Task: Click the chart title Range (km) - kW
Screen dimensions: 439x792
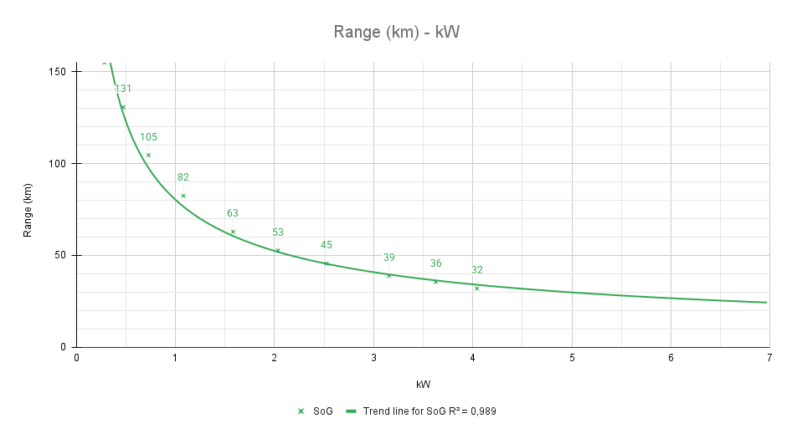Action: click(397, 33)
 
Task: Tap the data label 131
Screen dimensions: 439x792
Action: click(123, 89)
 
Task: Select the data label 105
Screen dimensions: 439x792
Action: click(148, 137)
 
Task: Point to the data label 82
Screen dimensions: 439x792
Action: click(183, 177)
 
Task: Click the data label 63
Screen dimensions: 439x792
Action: click(233, 213)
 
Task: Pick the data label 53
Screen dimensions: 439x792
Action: click(278, 232)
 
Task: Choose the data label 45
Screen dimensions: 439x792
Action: click(327, 245)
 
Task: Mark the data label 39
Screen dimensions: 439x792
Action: click(389, 258)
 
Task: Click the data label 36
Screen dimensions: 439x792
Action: click(436, 263)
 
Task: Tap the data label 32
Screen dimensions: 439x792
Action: click(477, 270)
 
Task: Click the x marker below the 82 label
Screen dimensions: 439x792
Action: click(183, 196)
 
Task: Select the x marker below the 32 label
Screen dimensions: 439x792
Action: click(477, 288)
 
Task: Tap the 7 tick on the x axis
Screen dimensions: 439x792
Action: click(769, 359)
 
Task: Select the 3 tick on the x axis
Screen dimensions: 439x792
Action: click(373, 359)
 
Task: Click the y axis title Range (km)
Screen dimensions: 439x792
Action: click(28, 209)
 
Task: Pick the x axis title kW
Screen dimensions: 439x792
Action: click(424, 384)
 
